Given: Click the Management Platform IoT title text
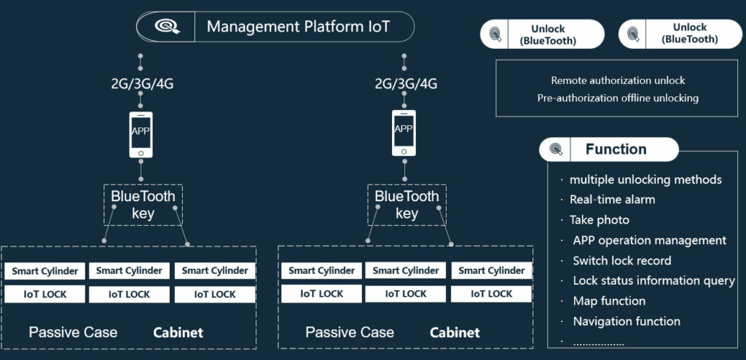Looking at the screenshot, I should pos(298,28).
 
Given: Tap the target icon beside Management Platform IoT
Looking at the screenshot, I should pos(166,28).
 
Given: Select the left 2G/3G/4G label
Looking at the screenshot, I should pos(142,83).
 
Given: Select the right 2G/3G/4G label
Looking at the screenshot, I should pos(406,83).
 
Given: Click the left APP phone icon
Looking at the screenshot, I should pos(141,133).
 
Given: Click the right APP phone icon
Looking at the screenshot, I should pos(404,133).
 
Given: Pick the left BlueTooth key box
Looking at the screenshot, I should pos(142,205).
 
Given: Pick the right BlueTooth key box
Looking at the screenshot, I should pos(407,205).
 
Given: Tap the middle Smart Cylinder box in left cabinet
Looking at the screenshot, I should pos(129,271).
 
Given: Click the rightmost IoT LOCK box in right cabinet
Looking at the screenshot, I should pos(491,294).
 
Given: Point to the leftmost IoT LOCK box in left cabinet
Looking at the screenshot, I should pos(44,294).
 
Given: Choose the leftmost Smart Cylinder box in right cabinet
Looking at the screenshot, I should pos(321,271).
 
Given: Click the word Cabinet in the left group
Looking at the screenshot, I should pos(178,333).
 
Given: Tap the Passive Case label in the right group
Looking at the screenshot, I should pos(350,332).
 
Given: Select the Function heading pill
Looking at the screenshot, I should pos(608,149).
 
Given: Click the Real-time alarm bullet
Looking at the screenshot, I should pos(612,200).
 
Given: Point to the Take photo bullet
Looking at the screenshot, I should pos(599,220).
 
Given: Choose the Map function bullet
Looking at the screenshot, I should pos(609,301).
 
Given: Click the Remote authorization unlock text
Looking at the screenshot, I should pos(618,81).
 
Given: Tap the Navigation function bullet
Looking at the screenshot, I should pos(627,321).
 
